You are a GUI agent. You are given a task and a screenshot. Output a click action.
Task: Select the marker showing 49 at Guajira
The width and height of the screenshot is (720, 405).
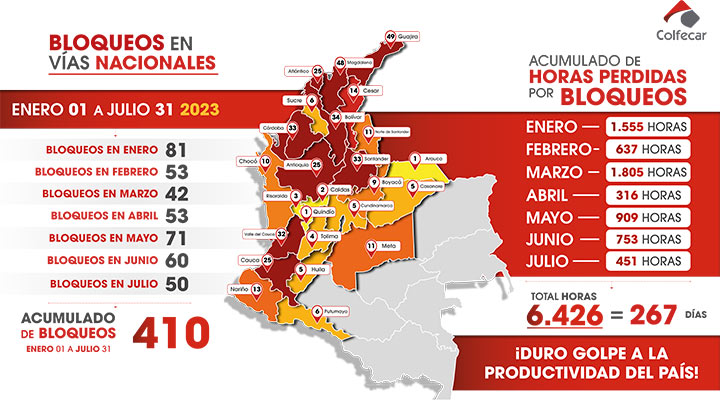coord(391,36)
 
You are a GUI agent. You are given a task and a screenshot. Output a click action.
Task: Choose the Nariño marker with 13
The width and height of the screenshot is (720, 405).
coord(257,288)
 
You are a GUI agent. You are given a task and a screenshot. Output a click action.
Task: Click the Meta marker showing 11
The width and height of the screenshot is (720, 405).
coord(371,245)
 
